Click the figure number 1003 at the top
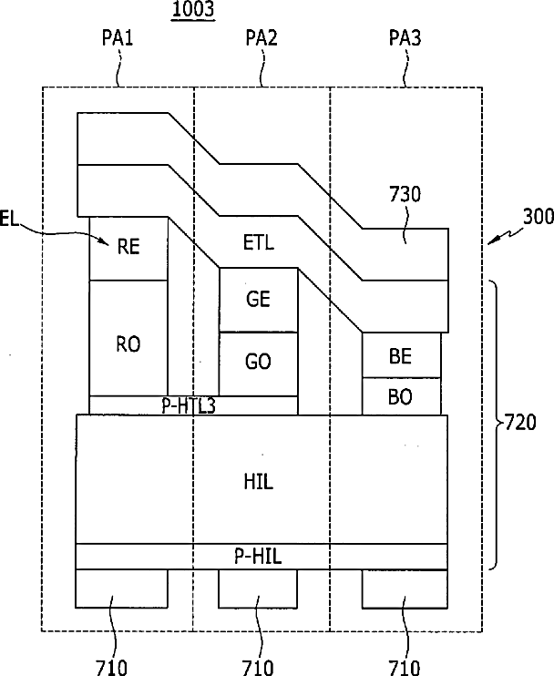coord(192,9)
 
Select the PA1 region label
coord(118,37)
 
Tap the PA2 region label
coord(262,37)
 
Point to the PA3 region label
coord(405,37)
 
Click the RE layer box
coord(128,249)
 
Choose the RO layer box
coord(128,338)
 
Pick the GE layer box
coord(258,300)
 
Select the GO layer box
coord(258,364)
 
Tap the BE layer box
coord(402,355)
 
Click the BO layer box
coord(402,396)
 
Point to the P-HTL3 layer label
coord(189,405)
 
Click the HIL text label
coord(259,481)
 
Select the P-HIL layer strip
coord(262,557)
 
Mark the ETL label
coord(259,242)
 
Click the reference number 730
coord(405,194)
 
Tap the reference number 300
coord(539,217)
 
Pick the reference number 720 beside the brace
coord(520,423)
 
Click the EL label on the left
coord(8,219)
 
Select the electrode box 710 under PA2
coord(258,589)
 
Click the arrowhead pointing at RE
coord(106,241)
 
